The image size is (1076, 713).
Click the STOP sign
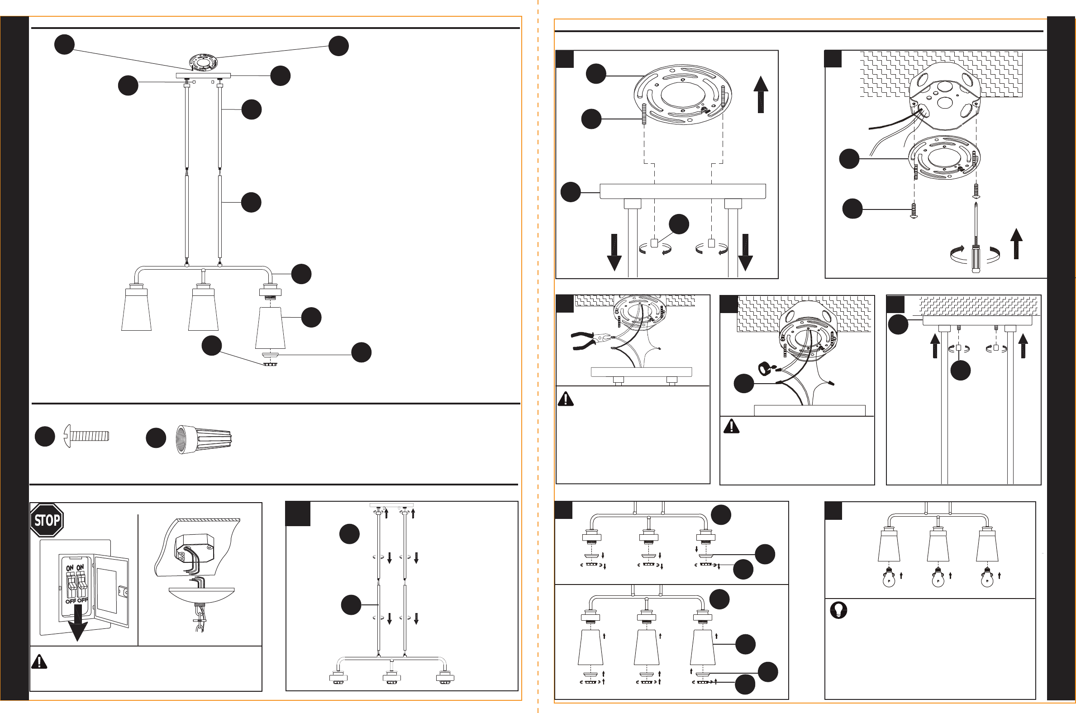(47, 520)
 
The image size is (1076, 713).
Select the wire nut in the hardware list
(204, 439)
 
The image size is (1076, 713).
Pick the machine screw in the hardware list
(87, 437)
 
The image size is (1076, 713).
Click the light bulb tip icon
(838, 610)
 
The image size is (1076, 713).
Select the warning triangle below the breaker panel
(39, 661)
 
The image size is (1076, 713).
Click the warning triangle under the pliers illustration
(566, 399)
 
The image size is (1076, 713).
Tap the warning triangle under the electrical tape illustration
(731, 426)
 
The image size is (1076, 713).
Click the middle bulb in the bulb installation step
(938, 578)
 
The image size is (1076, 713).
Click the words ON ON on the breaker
(75, 568)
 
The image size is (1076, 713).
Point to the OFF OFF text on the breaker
(76, 601)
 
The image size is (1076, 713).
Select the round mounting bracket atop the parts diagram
(203, 62)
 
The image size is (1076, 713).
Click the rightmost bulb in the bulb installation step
(987, 578)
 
